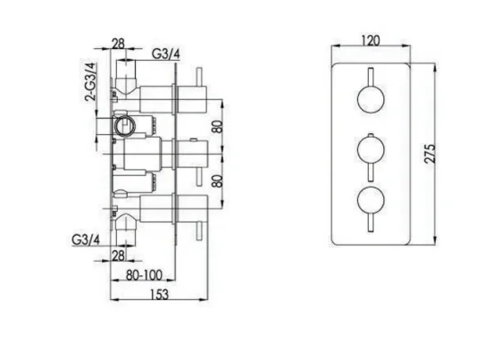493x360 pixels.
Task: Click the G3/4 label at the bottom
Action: [83, 239]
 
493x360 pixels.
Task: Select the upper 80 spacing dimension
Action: [214, 126]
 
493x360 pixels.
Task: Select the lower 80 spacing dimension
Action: [214, 179]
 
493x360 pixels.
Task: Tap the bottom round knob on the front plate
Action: [369, 197]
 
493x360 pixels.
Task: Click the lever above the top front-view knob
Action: [369, 75]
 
